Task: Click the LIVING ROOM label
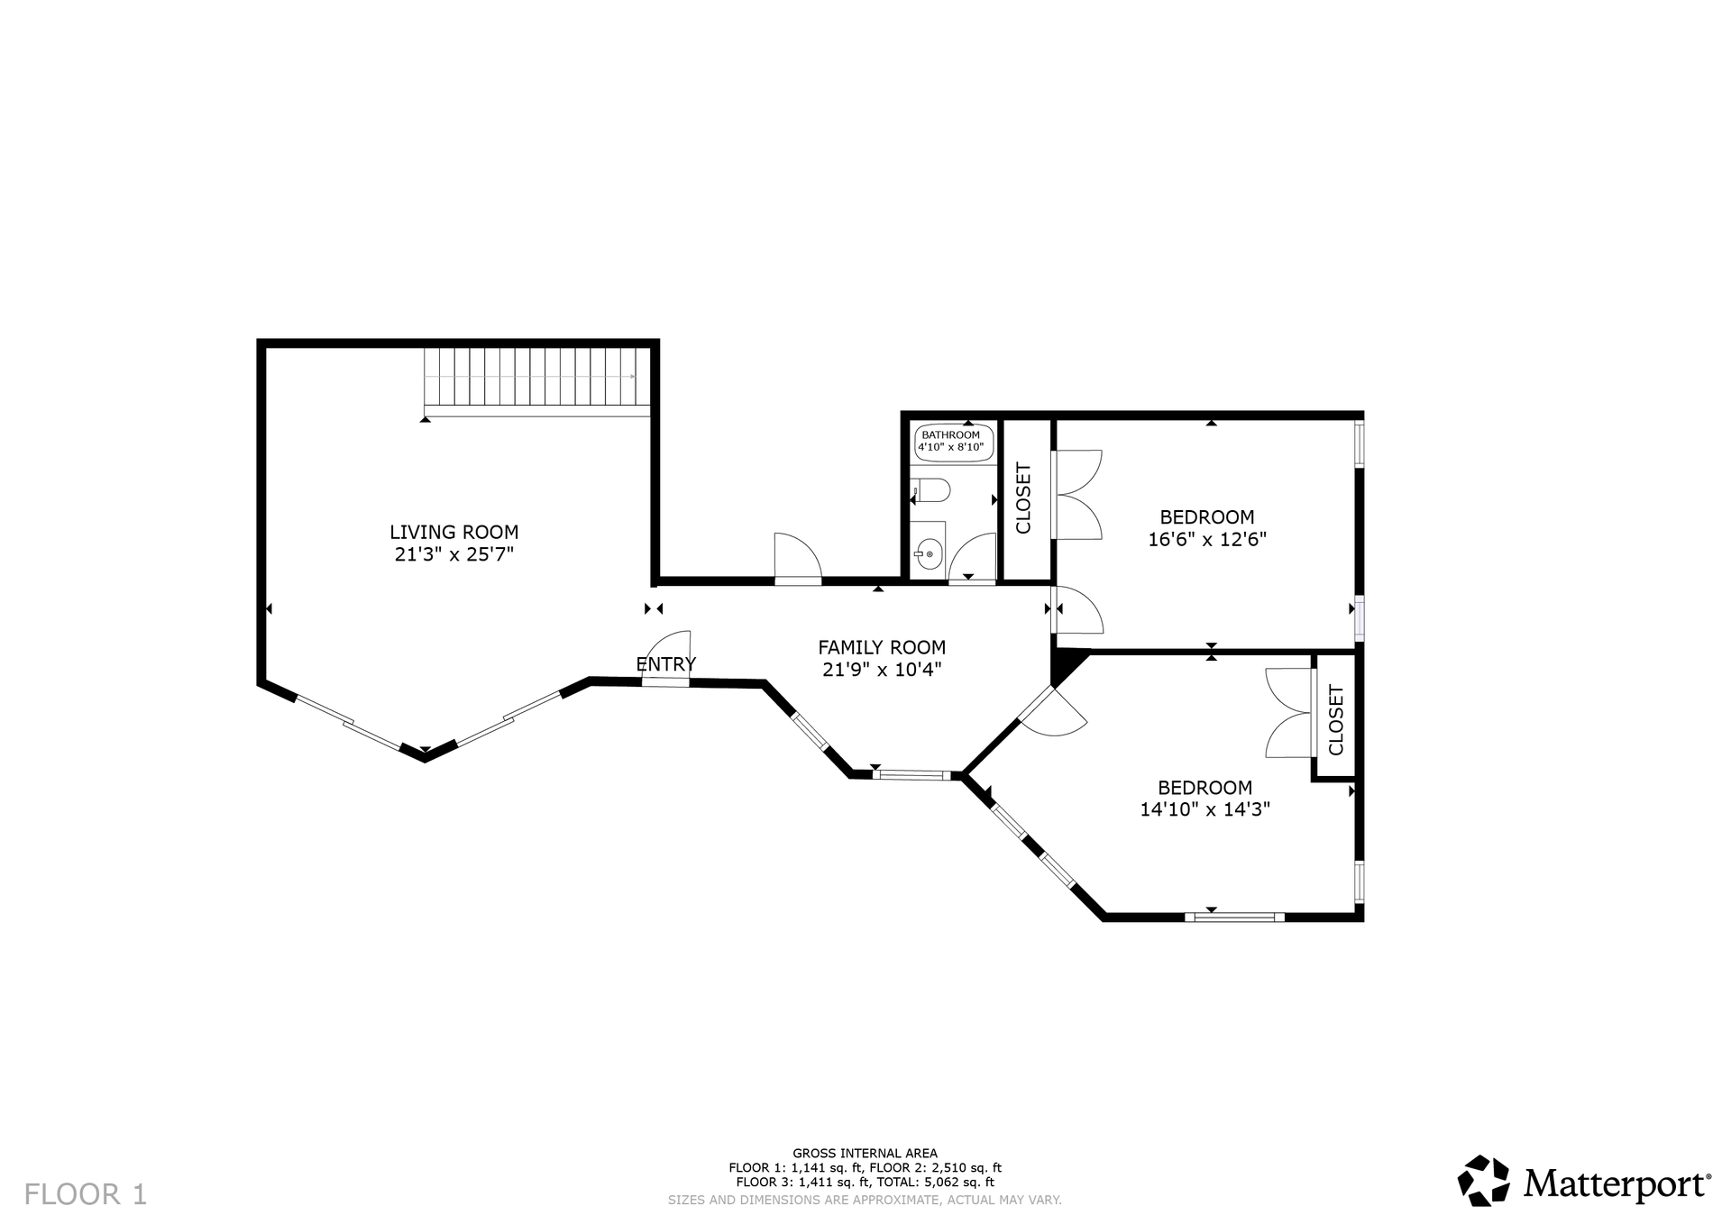point(453,532)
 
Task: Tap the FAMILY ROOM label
point(882,647)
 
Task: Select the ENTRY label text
point(666,664)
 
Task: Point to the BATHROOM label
point(950,434)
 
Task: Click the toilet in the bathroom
point(930,490)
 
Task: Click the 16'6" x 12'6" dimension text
point(1207,540)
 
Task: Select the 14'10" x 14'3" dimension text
point(1205,809)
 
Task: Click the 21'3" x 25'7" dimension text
point(453,554)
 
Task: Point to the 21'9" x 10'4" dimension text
point(882,670)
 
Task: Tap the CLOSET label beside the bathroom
point(1024,498)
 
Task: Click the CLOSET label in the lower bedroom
point(1336,720)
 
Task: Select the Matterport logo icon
point(1483,1180)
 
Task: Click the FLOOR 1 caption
point(86,1194)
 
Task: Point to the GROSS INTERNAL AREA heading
point(865,1153)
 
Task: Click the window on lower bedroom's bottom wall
point(1234,918)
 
